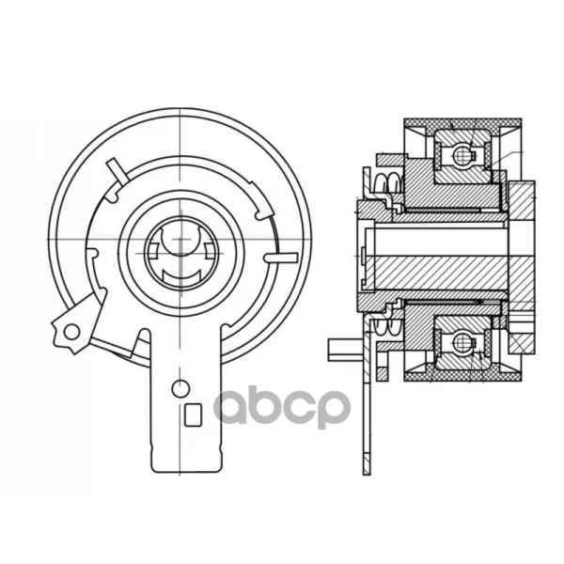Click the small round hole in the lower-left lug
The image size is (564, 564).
(71, 332)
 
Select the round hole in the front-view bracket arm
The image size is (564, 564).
(180, 388)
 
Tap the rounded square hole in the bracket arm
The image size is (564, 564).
(193, 415)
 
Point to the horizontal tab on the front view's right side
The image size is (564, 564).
(281, 258)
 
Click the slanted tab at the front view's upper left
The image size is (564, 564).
(117, 170)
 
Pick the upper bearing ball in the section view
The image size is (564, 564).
(462, 155)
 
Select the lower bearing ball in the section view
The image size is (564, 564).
(462, 340)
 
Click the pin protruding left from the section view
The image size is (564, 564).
(346, 349)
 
